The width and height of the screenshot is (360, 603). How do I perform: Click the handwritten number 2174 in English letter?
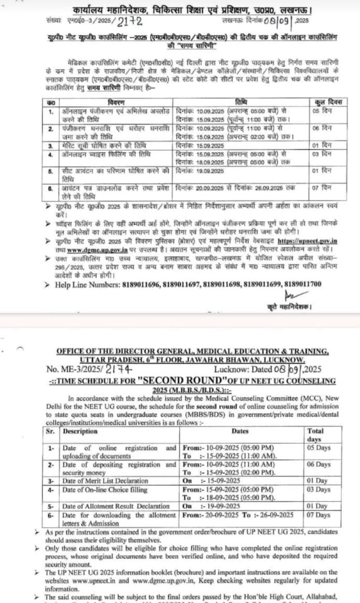click(x=119, y=370)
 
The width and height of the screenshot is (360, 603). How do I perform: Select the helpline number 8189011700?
click(x=301, y=284)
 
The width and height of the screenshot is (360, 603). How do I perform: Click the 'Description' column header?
click(x=80, y=431)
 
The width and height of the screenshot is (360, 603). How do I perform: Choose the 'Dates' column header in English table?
click(x=240, y=431)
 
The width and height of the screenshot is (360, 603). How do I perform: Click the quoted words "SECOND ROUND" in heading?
click(x=177, y=381)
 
